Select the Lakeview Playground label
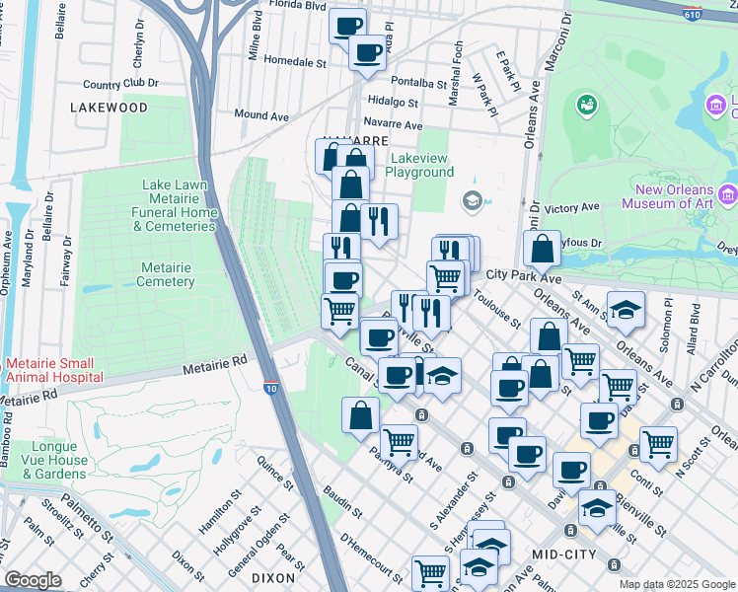click(420, 165)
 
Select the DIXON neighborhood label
click(272, 578)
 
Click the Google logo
click(33, 579)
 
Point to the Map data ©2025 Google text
click(677, 584)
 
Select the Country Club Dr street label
click(121, 85)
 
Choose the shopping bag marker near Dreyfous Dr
click(543, 250)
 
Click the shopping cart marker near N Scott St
click(658, 442)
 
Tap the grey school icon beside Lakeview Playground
click(473, 200)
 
